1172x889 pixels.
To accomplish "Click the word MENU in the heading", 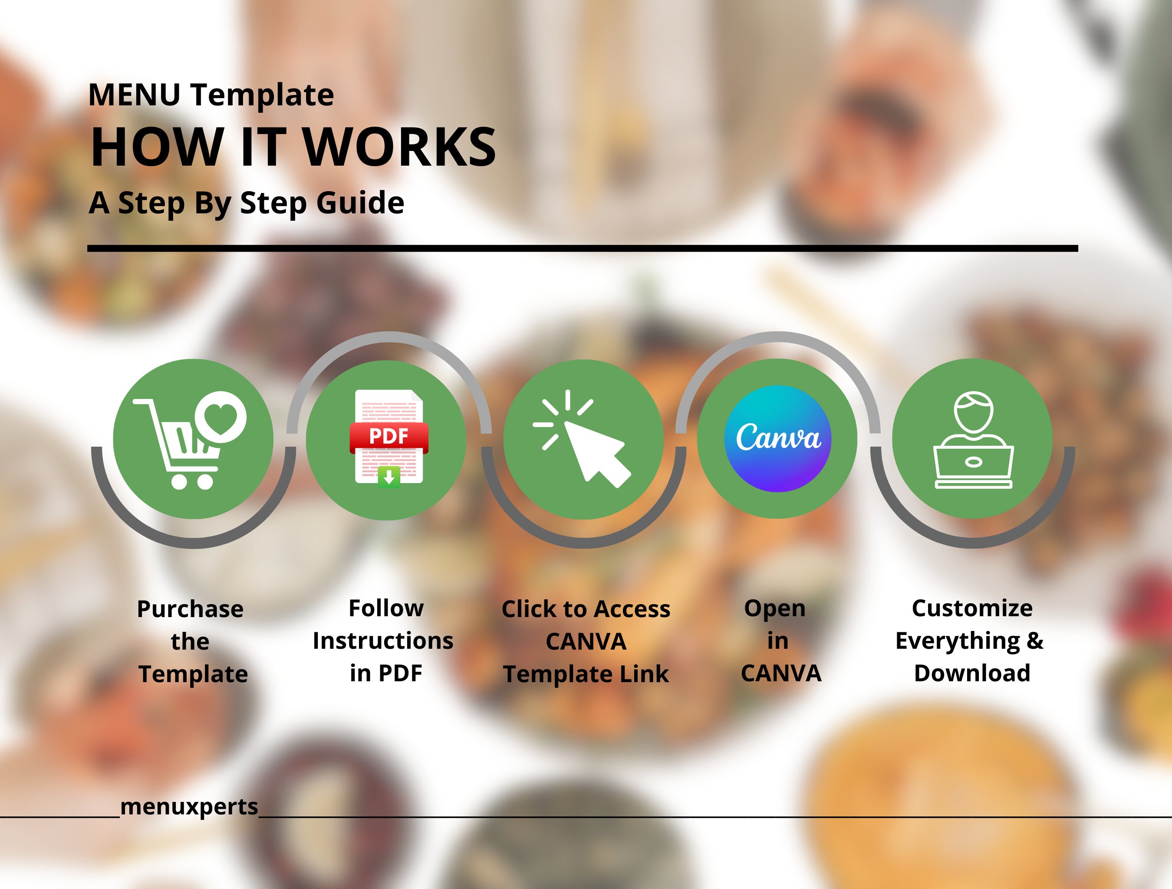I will point(134,95).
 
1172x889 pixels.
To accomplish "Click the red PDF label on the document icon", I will point(388,436).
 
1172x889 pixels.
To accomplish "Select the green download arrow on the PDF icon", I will point(389,477).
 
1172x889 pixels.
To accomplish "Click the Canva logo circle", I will point(777,438).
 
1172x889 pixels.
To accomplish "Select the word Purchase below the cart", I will point(190,609).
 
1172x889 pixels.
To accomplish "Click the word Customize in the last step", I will point(972,608).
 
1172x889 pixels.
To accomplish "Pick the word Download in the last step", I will point(972,673).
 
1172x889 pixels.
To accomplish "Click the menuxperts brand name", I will point(189,807).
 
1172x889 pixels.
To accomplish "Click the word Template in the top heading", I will point(262,95).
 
